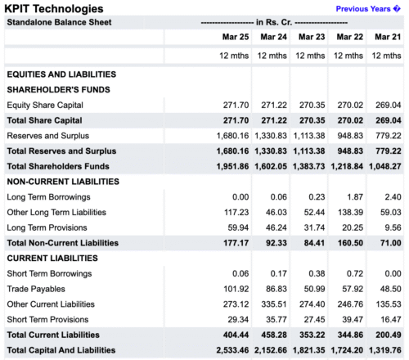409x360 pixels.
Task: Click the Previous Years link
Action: (368, 9)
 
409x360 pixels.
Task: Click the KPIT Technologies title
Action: (54, 9)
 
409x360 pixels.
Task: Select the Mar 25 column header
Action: (236, 37)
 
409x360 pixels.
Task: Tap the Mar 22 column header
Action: (350, 37)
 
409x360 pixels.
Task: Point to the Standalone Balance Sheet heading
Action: (59, 22)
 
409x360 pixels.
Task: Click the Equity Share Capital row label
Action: (45, 105)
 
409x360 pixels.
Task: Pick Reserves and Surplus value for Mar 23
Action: (309, 136)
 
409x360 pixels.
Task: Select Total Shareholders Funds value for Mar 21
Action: (385, 166)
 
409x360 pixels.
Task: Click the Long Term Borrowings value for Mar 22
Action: (355, 197)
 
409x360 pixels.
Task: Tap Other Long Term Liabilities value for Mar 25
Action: (236, 212)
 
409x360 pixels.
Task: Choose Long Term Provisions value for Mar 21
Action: (393, 227)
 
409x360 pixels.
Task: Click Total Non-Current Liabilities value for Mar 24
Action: (276, 243)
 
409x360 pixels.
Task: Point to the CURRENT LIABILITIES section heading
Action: (52, 259)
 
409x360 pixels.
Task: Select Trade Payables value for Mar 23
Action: (314, 289)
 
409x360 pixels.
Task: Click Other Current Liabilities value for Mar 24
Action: (274, 304)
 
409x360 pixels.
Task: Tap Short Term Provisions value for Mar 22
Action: (353, 319)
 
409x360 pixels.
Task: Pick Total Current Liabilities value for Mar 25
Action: (236, 335)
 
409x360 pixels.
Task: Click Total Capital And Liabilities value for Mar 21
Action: (385, 350)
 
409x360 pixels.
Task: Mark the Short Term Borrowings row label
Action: (49, 273)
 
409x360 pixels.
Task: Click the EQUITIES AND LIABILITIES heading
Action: (61, 74)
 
